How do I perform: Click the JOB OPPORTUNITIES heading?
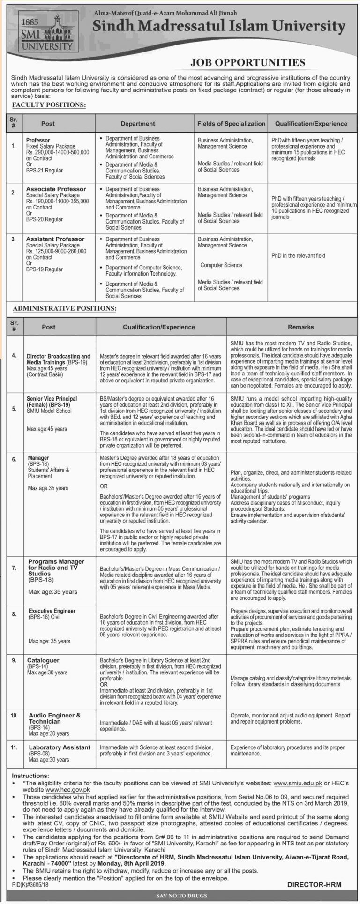248,62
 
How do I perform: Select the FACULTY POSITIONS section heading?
49,105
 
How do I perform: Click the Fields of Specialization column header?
231,124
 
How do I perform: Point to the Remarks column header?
301,327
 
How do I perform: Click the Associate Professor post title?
56,189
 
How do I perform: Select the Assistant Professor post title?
55,239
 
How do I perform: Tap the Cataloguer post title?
44,660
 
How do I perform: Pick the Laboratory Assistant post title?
60,747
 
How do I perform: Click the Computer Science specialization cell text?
221,265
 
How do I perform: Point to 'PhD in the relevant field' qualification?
298,256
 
